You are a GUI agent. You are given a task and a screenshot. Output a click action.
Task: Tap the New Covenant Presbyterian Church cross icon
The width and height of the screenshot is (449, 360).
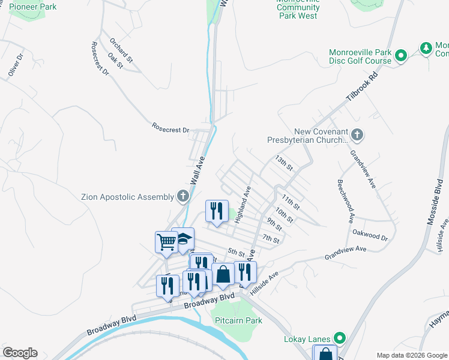(x=357, y=134)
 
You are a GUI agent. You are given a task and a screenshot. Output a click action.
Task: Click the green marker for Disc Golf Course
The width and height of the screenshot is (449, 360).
(x=402, y=56)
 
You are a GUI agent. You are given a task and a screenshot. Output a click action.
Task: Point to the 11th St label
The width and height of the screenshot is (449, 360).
(x=290, y=202)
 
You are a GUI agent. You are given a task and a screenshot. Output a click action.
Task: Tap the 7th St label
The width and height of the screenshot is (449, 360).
(x=271, y=240)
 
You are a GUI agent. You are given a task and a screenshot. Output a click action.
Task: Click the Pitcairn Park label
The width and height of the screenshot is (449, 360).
(x=238, y=320)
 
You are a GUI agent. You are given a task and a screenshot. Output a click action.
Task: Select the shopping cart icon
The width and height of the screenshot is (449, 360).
(x=166, y=242)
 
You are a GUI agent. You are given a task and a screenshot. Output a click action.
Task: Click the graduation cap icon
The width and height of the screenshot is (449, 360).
(x=183, y=238)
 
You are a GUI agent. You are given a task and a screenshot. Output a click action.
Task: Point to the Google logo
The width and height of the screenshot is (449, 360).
(x=20, y=353)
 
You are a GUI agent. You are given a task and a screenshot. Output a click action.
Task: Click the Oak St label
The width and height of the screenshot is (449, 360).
(x=115, y=60)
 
